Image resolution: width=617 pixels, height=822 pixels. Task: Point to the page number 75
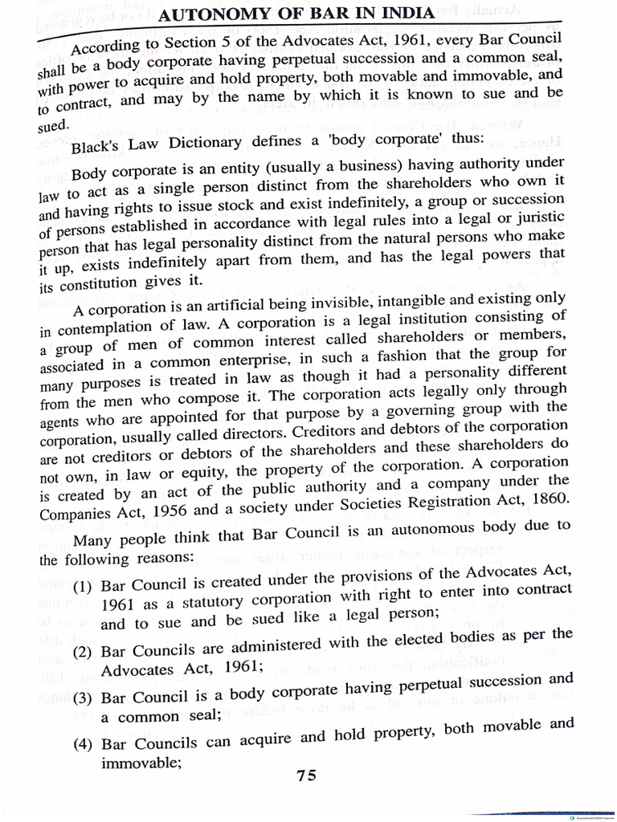coord(306,775)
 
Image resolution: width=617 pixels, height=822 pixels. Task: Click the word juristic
coord(537,218)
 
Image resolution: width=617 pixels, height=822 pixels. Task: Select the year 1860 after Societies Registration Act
coord(542,498)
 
